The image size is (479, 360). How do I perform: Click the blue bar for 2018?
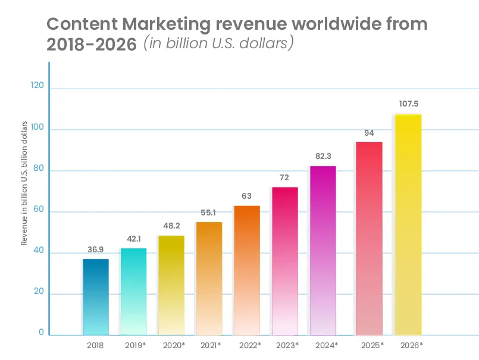[x=95, y=296]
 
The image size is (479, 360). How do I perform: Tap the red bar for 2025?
[x=369, y=238]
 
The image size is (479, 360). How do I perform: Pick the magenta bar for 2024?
[x=323, y=250]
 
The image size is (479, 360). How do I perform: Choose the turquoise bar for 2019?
[x=133, y=291]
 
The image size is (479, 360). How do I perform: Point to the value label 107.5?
[x=409, y=104]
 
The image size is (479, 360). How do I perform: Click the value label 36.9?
[x=95, y=249]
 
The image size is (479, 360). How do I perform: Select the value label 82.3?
[x=323, y=156]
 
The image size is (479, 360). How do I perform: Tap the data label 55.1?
[x=208, y=212]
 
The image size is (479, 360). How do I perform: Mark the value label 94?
[x=369, y=132]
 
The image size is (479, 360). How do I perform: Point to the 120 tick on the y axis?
[x=37, y=86]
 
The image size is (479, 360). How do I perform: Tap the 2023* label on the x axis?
[x=287, y=345]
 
